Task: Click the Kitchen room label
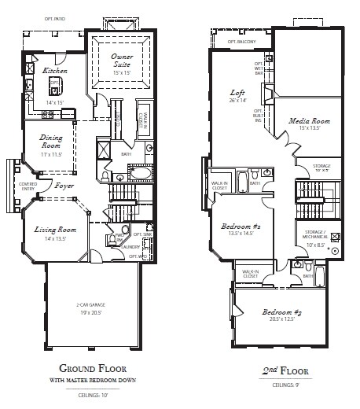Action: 54,71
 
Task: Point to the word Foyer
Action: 64,186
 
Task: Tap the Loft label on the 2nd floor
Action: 237,90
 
